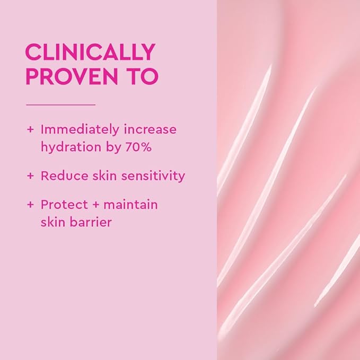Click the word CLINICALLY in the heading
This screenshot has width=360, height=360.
90,52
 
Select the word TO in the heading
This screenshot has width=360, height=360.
144,76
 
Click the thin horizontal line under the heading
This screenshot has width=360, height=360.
60,104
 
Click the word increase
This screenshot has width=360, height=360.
151,129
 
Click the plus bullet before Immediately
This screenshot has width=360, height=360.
30,129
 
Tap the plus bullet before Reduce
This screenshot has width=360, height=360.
30,175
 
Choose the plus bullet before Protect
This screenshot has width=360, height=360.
30,204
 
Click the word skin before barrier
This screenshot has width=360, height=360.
52,222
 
